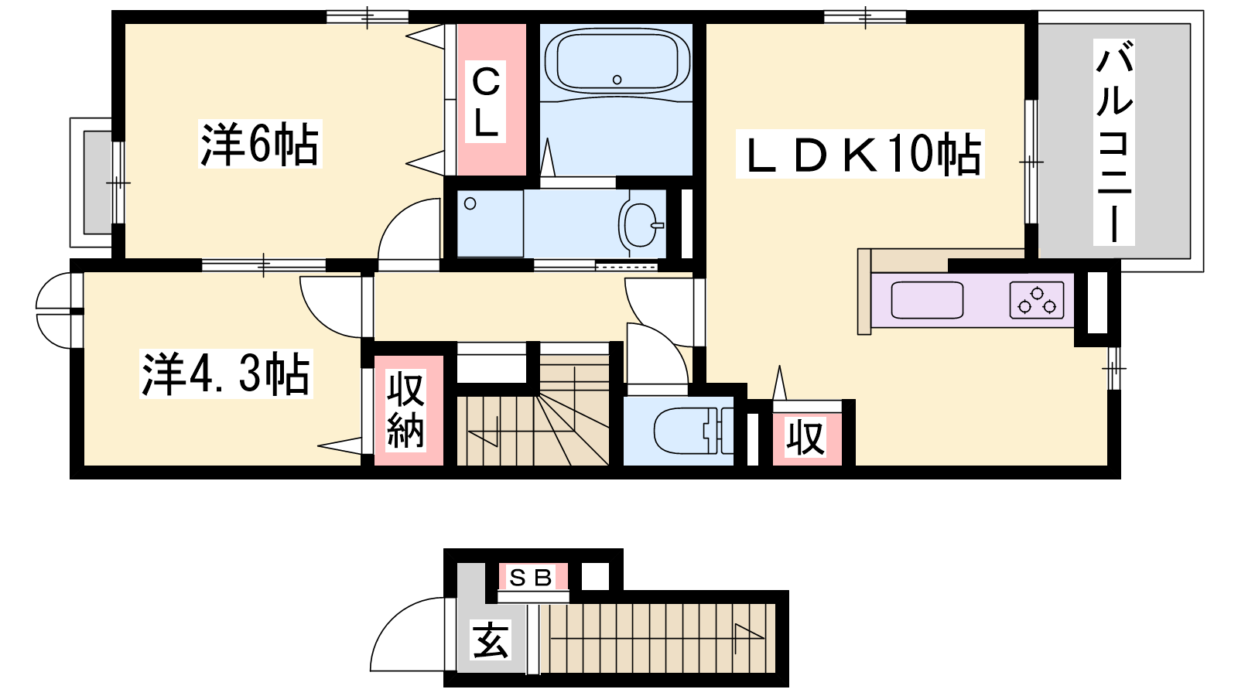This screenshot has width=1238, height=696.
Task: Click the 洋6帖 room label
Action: coord(260,144)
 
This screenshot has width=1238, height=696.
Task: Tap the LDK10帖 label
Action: coord(860,154)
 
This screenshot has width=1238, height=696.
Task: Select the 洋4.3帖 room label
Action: coord(226,374)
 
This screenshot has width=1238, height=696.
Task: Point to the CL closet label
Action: coord(485,101)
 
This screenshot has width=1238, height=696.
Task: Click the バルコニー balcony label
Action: coord(1114,142)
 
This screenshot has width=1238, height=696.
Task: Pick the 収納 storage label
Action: coord(405,411)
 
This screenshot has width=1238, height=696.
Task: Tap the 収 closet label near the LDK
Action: coord(806,437)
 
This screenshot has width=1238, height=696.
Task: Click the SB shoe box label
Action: coord(532,577)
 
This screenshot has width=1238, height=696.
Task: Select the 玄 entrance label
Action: coord(491,640)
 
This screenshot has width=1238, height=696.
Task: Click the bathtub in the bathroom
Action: coord(617,61)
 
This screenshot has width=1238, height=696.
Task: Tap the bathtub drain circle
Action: coord(617,80)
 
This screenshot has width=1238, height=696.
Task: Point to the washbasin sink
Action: coord(641,224)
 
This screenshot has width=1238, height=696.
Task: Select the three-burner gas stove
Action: coord(1037,300)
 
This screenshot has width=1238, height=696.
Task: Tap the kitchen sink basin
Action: coord(927,300)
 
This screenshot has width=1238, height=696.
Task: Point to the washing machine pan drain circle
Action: coord(470,204)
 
